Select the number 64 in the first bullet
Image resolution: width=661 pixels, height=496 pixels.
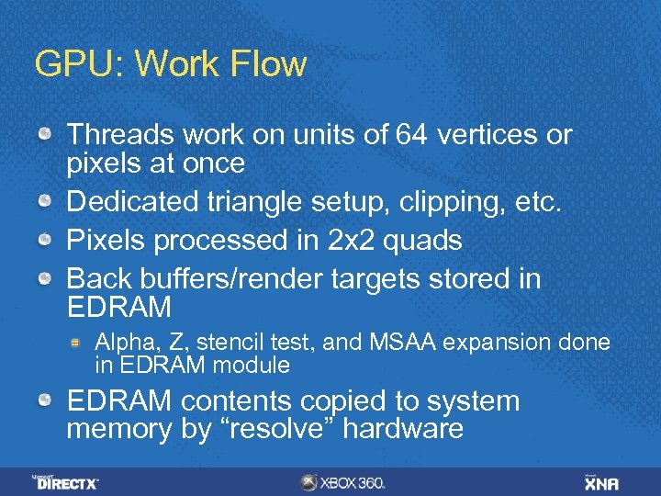(x=412, y=135)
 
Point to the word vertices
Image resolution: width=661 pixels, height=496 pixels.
(x=490, y=135)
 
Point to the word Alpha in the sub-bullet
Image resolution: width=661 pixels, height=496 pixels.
(x=122, y=343)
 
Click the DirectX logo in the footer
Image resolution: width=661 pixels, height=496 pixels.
(x=66, y=481)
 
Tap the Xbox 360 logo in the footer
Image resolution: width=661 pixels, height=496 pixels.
(x=343, y=482)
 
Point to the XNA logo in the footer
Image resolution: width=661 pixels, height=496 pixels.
(x=602, y=482)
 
